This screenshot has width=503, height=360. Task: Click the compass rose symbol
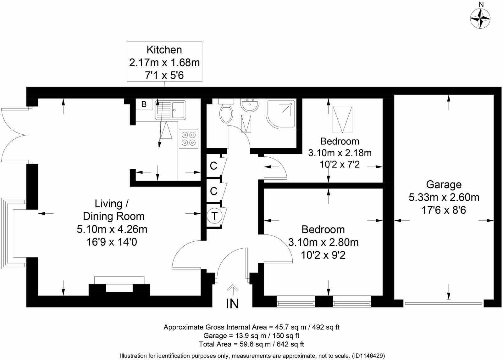tap(481, 18)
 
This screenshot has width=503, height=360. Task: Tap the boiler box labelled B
tap(144, 104)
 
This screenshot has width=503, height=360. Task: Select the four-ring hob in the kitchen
tap(189, 139)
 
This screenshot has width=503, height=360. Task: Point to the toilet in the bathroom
tap(226, 114)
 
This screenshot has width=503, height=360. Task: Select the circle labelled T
tap(214, 216)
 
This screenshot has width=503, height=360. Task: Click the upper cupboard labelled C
tap(213, 166)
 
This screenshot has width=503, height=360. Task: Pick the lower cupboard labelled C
tap(213, 191)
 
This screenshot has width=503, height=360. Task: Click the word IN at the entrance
tap(232, 304)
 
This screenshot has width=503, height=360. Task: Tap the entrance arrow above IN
tap(232, 289)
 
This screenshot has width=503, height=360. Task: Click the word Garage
tap(444, 184)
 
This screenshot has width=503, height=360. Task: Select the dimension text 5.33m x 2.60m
tap(444, 197)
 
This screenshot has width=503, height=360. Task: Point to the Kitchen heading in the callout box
tap(164, 50)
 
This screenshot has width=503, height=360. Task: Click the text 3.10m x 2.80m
tap(323, 242)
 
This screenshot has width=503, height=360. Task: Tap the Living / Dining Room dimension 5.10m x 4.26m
tap(112, 229)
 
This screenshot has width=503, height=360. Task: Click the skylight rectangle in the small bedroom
tap(342, 119)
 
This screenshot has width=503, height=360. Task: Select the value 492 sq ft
tap(325, 327)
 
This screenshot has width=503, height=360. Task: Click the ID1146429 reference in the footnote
tap(368, 356)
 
